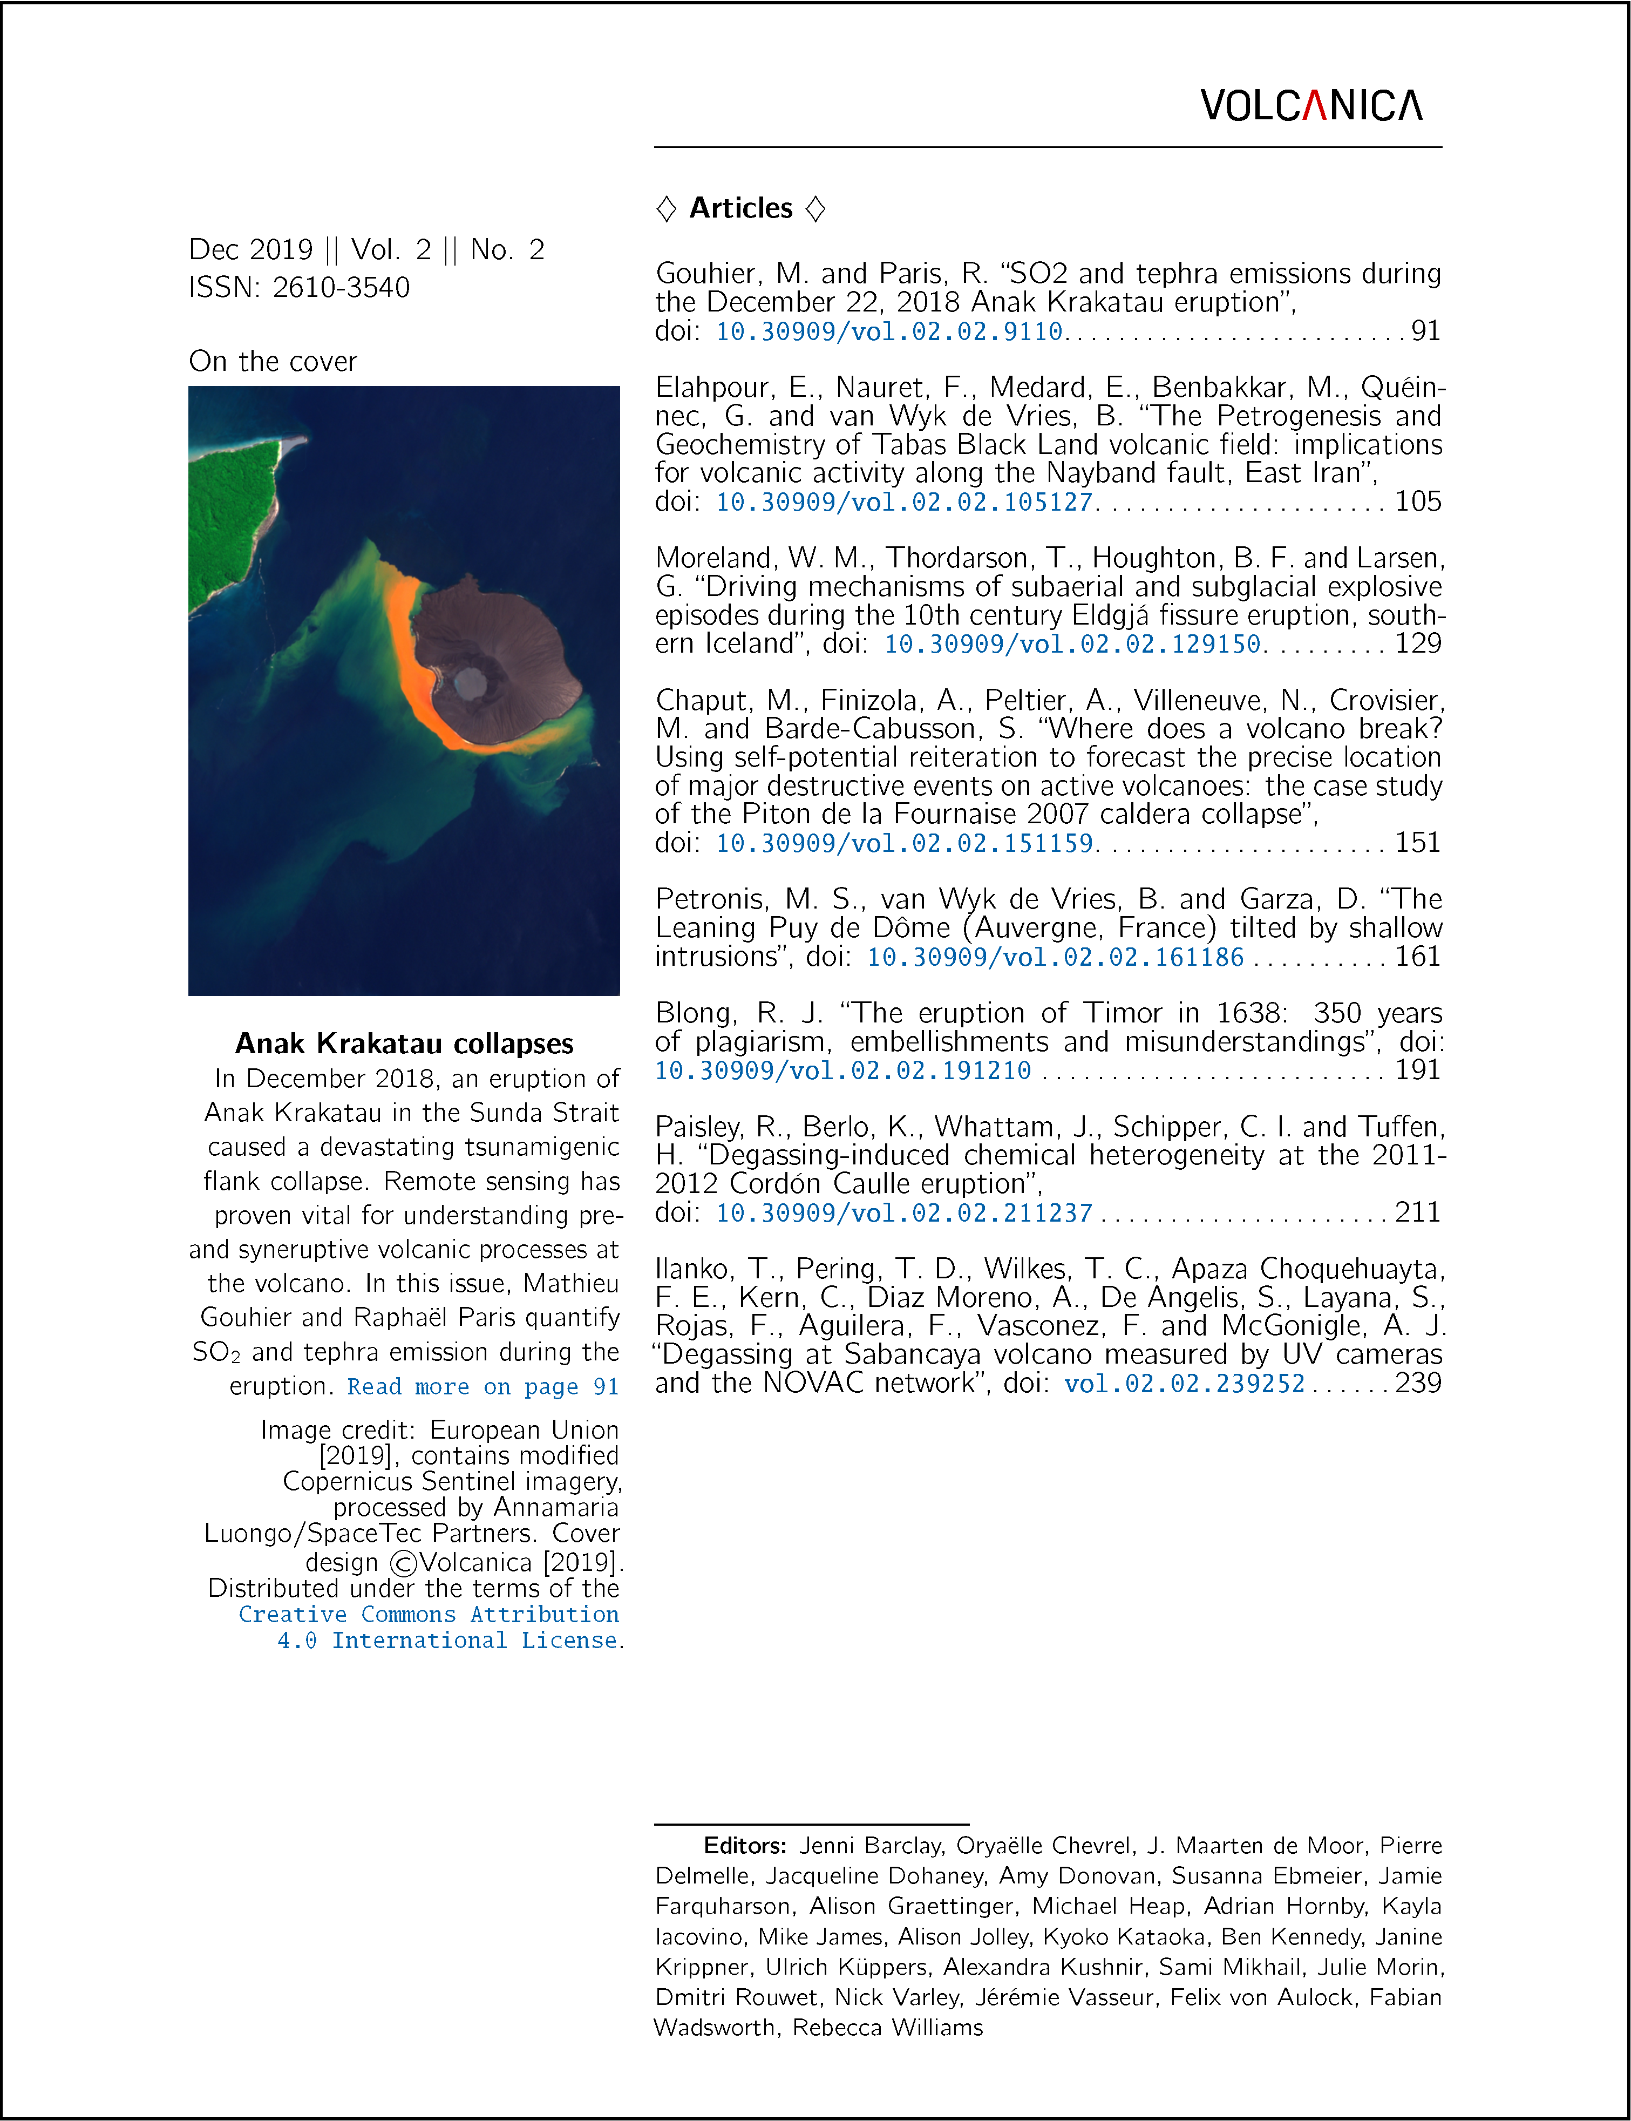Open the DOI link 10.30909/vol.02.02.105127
tap(904, 502)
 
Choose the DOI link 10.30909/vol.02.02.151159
tap(904, 843)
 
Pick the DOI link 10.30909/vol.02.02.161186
tap(1055, 958)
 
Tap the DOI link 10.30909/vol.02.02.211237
tap(904, 1213)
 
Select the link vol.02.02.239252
tap(1185, 1384)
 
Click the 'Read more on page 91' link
tap(482, 1387)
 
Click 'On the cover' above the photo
tap(273, 361)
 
